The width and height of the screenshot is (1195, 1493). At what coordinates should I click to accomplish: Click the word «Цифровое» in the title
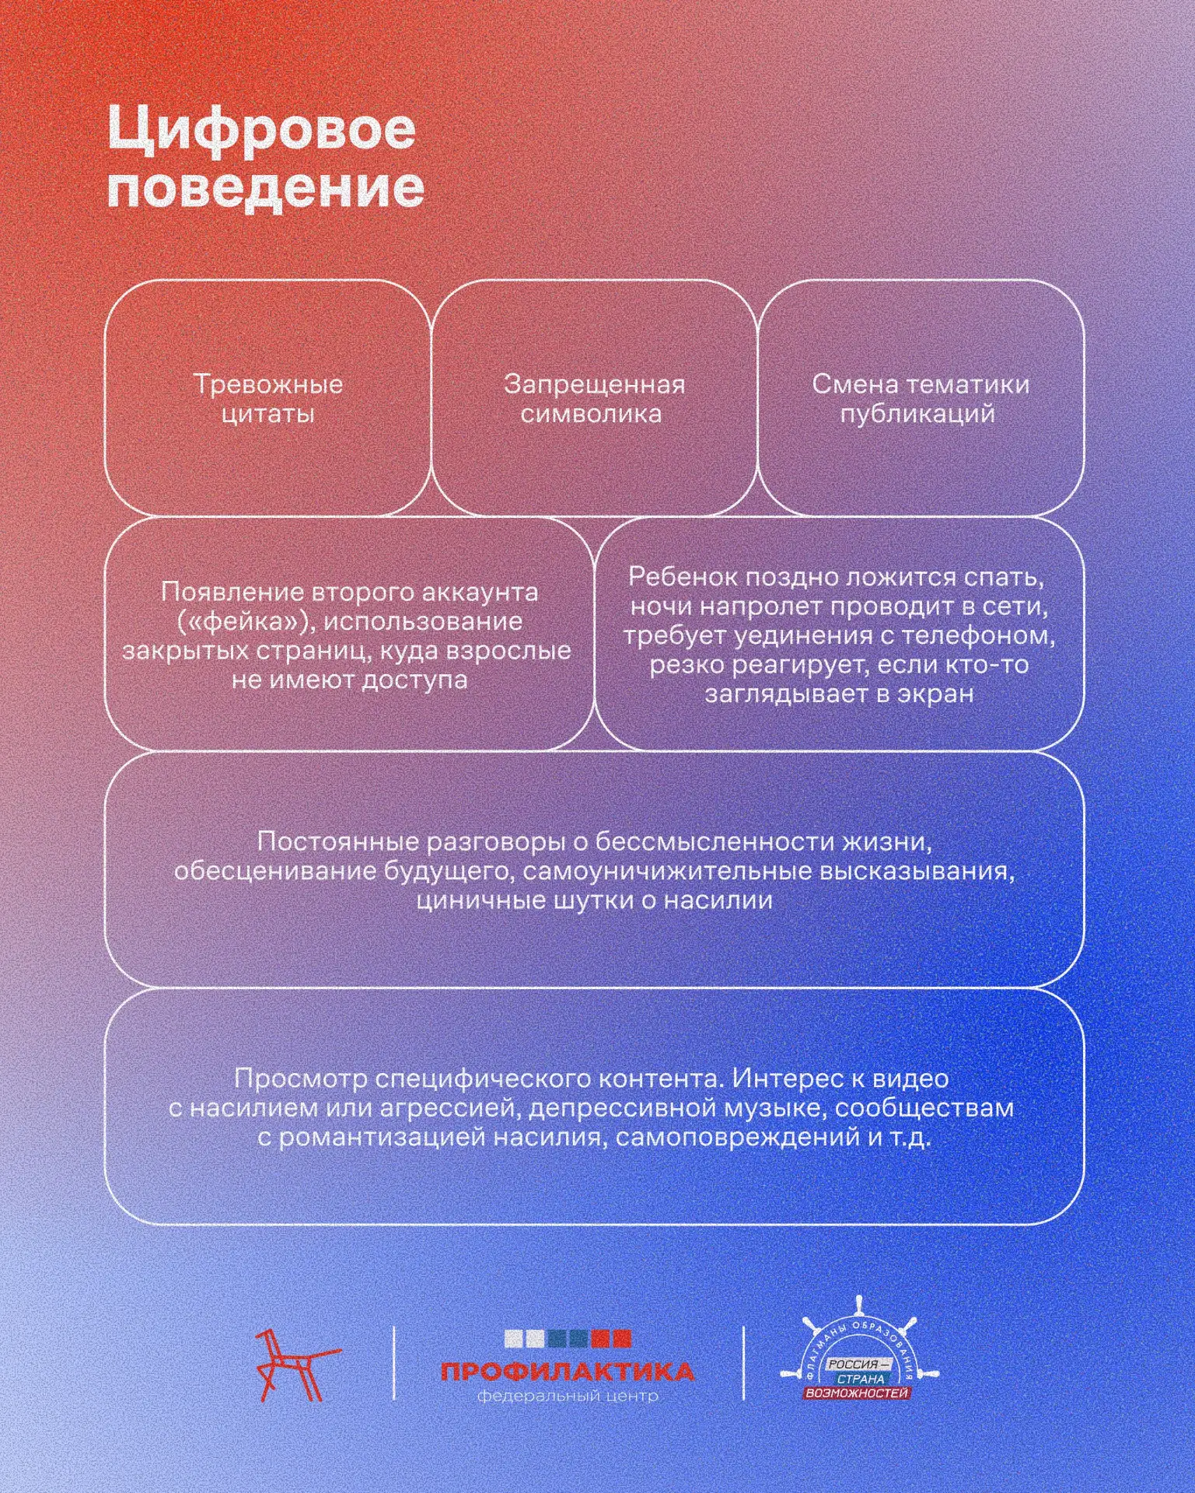(261, 130)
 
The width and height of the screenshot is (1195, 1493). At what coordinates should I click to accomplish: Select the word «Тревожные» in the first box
(268, 384)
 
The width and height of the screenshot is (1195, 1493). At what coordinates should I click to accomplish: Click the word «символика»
(591, 414)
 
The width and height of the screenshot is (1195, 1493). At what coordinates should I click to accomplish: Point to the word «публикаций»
(917, 414)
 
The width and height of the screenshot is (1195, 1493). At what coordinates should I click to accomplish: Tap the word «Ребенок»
(683, 577)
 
